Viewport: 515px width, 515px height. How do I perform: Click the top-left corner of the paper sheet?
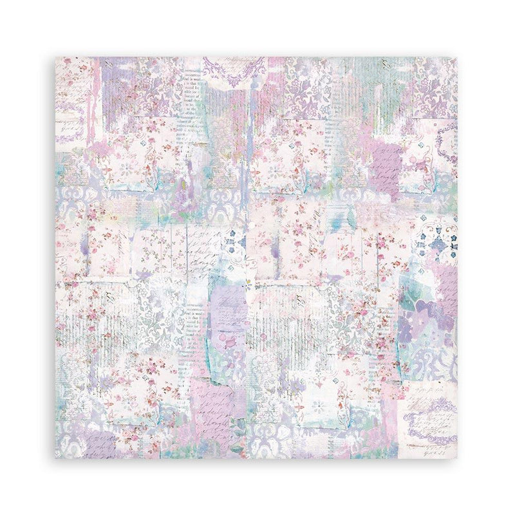coord(56,57)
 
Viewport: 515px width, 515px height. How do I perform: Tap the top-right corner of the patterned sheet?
coord(458,57)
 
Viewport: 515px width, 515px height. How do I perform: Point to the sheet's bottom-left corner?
coord(56,458)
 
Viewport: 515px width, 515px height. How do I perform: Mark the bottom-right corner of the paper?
coord(458,458)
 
